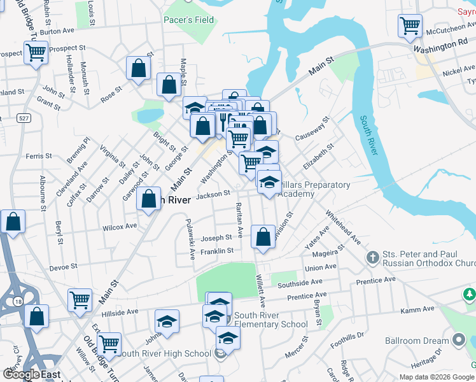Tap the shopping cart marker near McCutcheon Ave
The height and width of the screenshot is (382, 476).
410,27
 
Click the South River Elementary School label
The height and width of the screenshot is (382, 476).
271,320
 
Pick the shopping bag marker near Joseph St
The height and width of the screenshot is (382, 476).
263,237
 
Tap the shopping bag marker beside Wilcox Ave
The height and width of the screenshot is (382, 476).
149,199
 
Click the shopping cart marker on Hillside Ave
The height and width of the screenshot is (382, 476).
80,300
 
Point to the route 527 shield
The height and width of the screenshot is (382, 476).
24,118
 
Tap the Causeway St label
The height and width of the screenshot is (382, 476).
312,129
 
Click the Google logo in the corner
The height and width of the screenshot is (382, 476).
21,375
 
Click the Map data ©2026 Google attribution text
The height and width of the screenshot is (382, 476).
436,377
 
